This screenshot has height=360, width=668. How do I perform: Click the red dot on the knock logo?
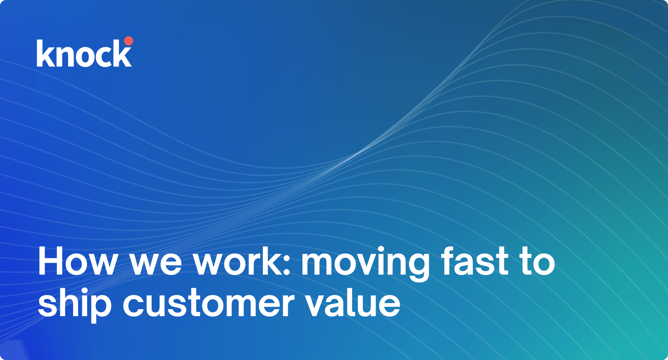(x=129, y=41)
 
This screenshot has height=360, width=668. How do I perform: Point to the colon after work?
(x=287, y=265)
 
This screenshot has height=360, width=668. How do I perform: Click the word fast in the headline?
(x=475, y=261)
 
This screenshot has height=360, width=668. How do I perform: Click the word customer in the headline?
(x=209, y=304)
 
